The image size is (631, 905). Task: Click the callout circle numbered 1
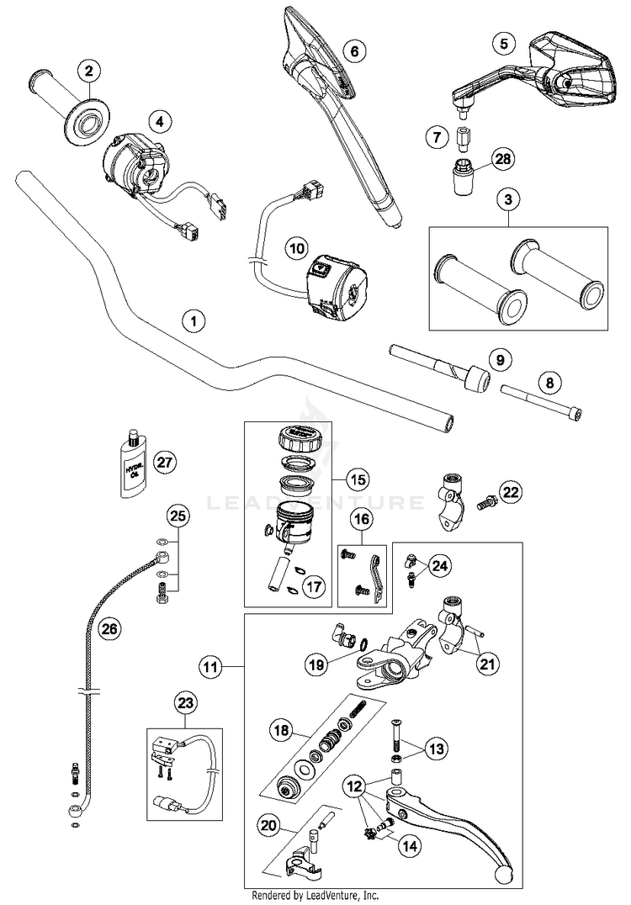point(194,320)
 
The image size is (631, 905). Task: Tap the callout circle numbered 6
point(353,51)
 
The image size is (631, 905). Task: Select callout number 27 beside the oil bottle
point(166,461)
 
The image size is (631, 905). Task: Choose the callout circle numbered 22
point(510,492)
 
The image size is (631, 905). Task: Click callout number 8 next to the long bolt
point(549,384)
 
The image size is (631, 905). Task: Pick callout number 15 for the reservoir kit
point(358,480)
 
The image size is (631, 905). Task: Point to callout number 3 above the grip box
point(507,199)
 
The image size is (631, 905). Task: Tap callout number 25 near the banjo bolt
point(177,516)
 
